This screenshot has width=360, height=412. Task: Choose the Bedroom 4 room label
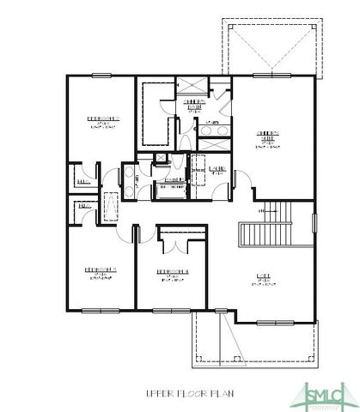[x=172, y=273]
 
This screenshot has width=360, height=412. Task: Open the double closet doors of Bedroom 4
[x=173, y=245]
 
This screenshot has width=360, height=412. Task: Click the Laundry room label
[x=217, y=169]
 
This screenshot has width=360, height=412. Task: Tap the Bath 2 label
[x=173, y=180]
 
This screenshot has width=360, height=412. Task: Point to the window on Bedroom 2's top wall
[x=101, y=76]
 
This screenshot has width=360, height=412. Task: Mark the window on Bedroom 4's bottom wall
[x=171, y=309]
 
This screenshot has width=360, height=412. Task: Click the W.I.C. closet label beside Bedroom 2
[x=83, y=182]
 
